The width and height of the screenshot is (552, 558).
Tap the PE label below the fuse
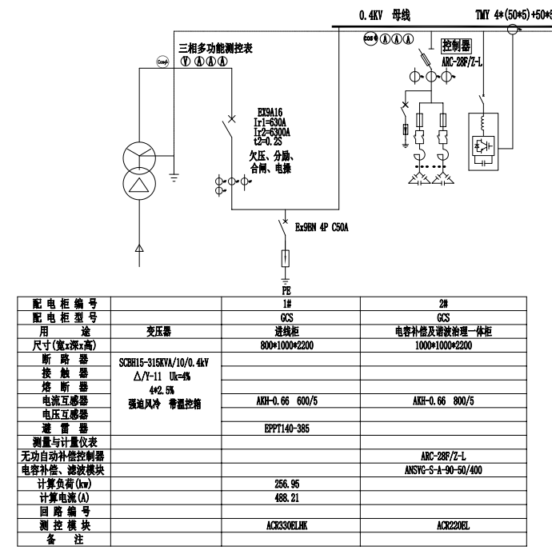286,289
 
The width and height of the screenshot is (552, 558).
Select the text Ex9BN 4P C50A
322,227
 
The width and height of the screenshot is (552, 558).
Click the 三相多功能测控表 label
215,49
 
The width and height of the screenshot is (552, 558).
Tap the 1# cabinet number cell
286,304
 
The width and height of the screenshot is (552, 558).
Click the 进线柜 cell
286,331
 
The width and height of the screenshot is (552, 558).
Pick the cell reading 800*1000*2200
286,345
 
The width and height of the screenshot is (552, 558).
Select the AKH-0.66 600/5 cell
286,400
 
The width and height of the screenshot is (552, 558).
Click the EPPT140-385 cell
286,428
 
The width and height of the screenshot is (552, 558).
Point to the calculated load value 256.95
286,484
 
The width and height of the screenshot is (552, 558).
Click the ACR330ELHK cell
286,526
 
